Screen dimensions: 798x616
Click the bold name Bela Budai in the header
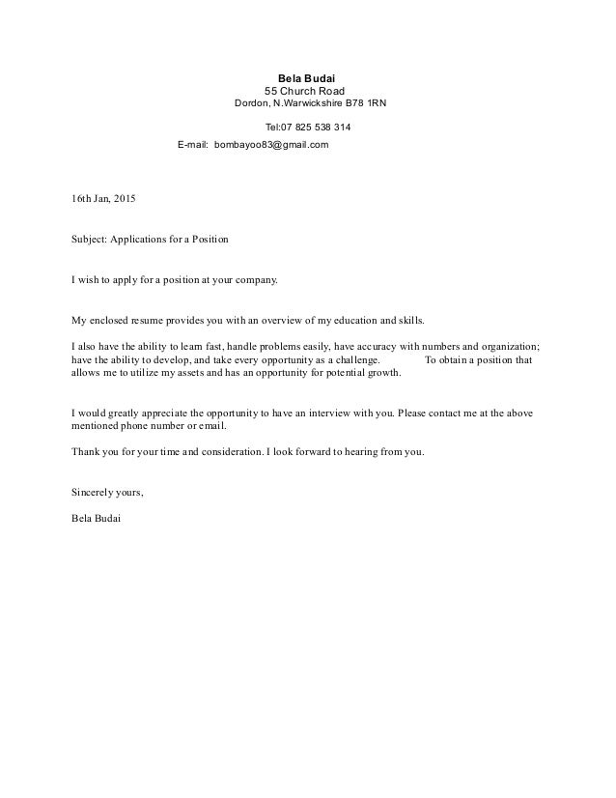click(x=304, y=79)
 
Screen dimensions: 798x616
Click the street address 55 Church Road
click(x=304, y=92)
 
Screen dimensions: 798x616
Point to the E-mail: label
click(x=193, y=145)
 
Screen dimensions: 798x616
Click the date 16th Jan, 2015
click(x=104, y=200)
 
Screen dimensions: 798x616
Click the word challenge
click(x=358, y=361)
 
